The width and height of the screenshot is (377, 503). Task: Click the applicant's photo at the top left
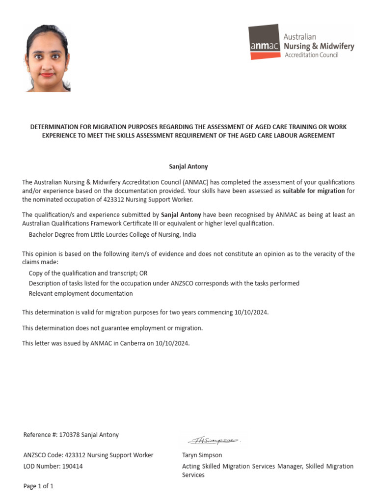48,58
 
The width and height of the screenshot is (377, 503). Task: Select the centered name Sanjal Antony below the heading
188,167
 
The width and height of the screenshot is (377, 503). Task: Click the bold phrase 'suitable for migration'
314,191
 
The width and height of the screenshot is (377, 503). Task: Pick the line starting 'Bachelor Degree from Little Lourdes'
112,235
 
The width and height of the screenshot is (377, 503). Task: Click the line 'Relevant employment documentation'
81,294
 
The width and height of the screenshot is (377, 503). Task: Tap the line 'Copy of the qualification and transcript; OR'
88,273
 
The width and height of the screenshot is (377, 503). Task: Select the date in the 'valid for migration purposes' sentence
252,312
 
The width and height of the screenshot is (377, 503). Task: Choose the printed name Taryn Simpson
202,455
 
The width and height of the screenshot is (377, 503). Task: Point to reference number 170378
69,435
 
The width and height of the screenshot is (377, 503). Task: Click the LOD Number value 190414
73,467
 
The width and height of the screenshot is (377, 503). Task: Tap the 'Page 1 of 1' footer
38,487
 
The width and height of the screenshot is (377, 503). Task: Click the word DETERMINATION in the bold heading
54,127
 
